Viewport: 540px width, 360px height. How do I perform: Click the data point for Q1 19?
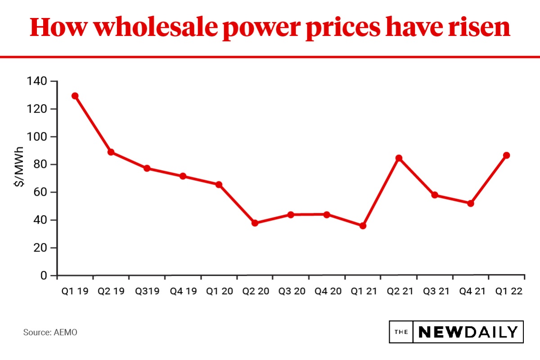tap(75, 96)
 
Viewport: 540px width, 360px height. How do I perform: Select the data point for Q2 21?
tap(399, 158)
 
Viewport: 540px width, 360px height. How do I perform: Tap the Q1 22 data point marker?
tap(507, 155)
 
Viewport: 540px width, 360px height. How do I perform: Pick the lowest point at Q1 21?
tap(363, 226)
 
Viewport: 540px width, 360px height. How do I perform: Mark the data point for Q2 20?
tap(255, 223)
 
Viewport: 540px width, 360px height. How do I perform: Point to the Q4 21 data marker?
tap(471, 203)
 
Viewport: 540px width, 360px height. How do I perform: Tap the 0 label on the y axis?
tap(44, 275)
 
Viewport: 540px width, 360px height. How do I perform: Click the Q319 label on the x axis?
tap(147, 291)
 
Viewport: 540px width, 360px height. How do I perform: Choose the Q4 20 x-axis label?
tap(328, 291)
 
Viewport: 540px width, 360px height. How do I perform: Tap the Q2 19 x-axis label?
tap(111, 291)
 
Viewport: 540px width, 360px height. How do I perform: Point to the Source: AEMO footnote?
tap(50, 333)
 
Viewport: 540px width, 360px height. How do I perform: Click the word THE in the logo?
tap(401, 332)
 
